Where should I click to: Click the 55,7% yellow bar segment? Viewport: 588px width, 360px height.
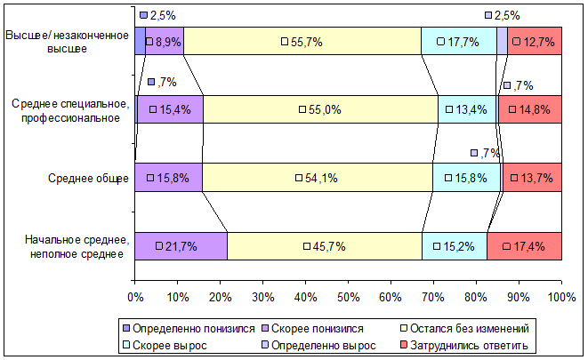(x=302, y=41)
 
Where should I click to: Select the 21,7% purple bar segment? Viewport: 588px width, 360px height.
(x=181, y=246)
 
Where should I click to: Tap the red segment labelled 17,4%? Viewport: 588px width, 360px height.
(x=524, y=246)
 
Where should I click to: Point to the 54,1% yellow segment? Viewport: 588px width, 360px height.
(x=318, y=178)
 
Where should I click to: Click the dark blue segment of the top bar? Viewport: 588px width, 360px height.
(x=141, y=41)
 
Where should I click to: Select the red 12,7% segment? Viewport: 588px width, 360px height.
(x=535, y=41)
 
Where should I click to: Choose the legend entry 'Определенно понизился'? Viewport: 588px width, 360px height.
(x=189, y=329)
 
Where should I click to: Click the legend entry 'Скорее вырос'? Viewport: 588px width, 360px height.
(x=165, y=345)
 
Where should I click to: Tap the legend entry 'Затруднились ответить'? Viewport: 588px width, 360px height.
(x=464, y=345)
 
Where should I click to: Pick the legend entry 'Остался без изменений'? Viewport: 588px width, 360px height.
(x=465, y=329)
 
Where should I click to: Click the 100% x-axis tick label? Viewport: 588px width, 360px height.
(x=561, y=297)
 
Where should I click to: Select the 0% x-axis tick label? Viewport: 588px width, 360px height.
(x=135, y=297)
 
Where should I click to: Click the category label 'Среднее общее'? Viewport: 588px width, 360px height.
(x=88, y=178)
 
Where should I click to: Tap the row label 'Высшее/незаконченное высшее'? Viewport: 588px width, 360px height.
(x=67, y=42)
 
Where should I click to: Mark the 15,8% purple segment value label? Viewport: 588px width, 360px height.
(x=173, y=178)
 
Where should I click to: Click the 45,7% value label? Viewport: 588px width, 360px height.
(x=329, y=246)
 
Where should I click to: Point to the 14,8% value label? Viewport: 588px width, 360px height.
(x=535, y=109)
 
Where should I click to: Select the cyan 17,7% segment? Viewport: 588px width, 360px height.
(x=459, y=41)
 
